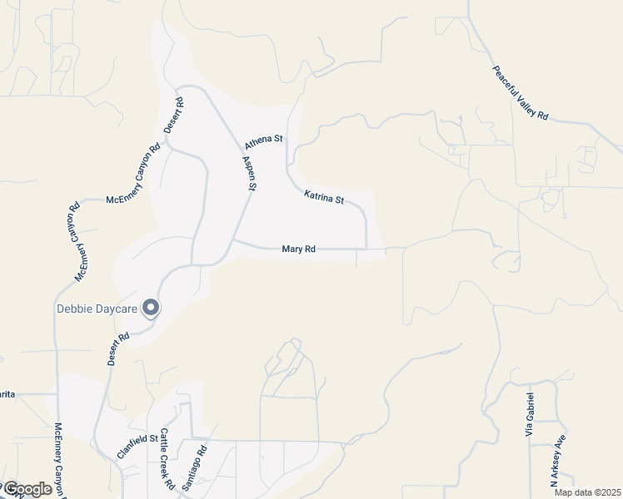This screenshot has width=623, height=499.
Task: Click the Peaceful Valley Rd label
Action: pos(520,93)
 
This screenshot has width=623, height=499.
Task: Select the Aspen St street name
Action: pos(248,173)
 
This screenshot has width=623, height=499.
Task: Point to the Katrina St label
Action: pos(324,197)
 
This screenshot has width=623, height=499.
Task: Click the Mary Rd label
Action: pos(298,249)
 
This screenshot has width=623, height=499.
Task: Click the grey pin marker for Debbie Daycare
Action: pos(151,308)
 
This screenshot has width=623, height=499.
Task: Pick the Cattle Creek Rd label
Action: pos(167,458)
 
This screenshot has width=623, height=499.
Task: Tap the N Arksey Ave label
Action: pos(557,462)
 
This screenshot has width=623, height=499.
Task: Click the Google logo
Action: pos(27,489)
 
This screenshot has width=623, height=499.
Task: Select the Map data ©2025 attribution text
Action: pos(587,492)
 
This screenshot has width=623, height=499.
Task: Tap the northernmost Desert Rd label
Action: pos(173,116)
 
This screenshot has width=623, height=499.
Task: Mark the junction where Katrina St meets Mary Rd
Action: pos(366,249)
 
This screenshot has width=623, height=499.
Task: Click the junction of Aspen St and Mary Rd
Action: pos(233,241)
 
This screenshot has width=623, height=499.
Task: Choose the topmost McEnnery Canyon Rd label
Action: pos(132,175)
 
